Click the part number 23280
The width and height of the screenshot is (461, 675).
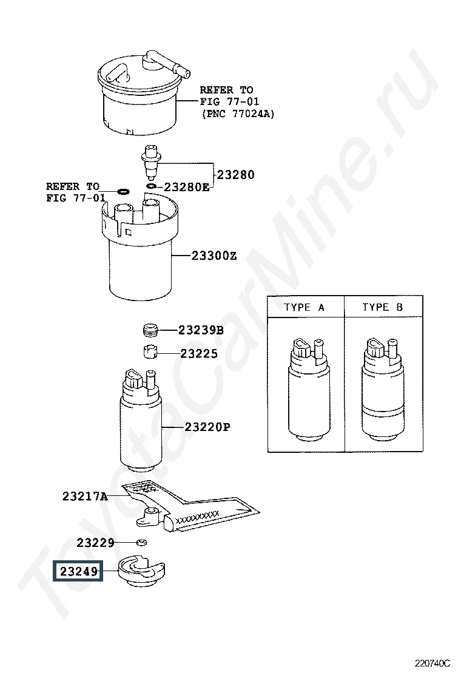236,175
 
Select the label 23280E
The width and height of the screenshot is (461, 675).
187,187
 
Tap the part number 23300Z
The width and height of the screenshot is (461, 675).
214,256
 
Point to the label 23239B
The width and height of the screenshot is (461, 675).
201,330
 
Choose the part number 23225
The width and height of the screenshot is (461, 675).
199,354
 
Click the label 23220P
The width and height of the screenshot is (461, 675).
207,427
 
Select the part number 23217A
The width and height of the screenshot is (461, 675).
85,497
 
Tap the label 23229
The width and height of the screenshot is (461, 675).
95,543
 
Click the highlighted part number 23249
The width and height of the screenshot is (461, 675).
79,571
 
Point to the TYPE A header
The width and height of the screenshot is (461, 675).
304,307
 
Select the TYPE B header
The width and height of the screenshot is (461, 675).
382,307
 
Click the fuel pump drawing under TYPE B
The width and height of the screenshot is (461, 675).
383,389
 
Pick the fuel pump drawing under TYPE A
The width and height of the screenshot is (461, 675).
308,389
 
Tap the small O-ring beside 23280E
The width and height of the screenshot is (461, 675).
152,186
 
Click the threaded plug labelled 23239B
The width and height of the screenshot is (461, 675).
150,331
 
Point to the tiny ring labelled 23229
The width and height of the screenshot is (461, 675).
141,542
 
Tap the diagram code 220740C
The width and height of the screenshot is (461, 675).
432,662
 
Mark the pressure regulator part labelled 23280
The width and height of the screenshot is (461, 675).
150,163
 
